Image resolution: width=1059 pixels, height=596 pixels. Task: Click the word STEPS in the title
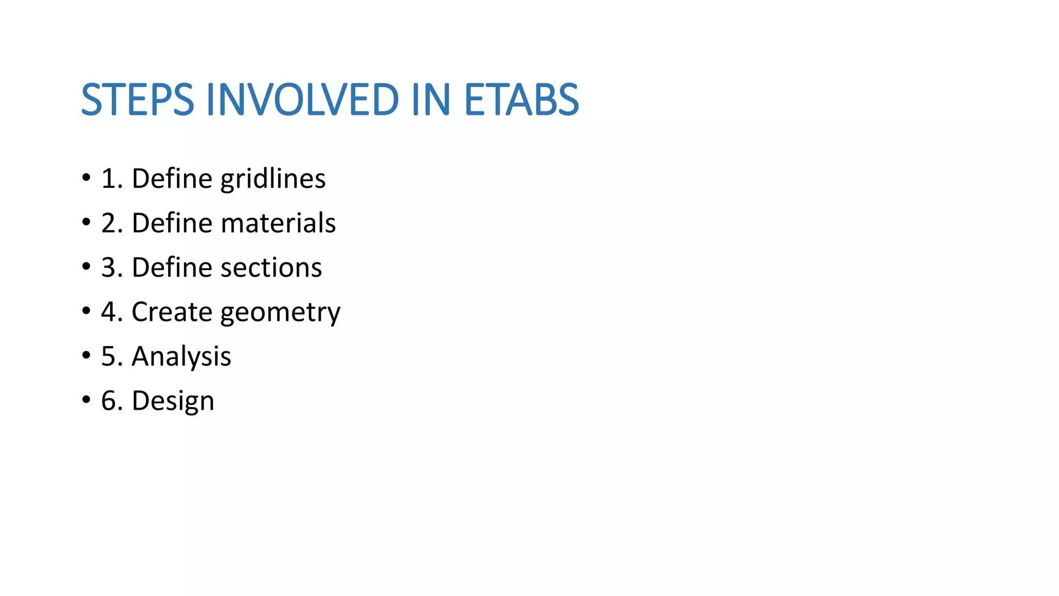pyautogui.click(x=138, y=99)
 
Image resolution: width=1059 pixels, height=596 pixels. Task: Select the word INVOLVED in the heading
pyautogui.click(x=302, y=99)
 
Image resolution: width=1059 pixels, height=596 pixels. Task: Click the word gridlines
pyautogui.click(x=273, y=180)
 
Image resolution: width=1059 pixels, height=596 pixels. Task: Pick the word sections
pyautogui.click(x=271, y=267)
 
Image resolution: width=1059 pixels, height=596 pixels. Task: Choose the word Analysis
pyautogui.click(x=181, y=357)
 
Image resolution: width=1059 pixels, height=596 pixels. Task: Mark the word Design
pyautogui.click(x=173, y=401)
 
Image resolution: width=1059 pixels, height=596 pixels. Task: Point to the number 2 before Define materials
pyautogui.click(x=109, y=224)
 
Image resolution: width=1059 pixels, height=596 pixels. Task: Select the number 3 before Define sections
pyautogui.click(x=109, y=268)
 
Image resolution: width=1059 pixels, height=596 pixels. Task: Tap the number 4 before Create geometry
pyautogui.click(x=109, y=312)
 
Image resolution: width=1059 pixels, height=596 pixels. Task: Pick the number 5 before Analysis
pyautogui.click(x=109, y=357)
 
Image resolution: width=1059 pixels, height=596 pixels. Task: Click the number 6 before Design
pyautogui.click(x=109, y=401)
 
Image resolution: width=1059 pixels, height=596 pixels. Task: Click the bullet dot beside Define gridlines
pyautogui.click(x=86, y=178)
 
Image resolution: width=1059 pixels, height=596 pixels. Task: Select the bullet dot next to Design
pyautogui.click(x=86, y=400)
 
